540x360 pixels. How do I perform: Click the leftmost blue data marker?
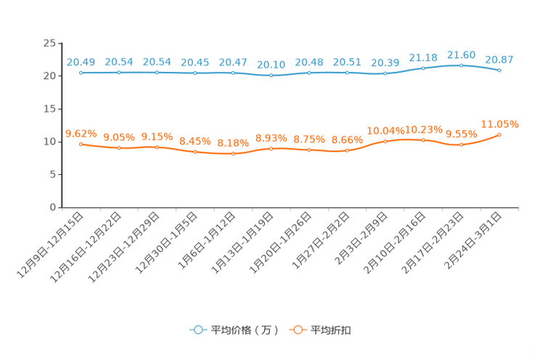pyautogui.click(x=81, y=73)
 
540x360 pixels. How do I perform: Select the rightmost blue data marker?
pyautogui.click(x=499, y=70)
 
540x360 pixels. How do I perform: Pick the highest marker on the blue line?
pyautogui.click(x=461, y=65)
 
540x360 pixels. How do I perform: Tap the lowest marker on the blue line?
pyautogui.click(x=271, y=75)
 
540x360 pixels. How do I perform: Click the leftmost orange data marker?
pyautogui.click(x=81, y=144)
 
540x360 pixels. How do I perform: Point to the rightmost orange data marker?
pyautogui.click(x=499, y=134)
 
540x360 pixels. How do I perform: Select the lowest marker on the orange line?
pyautogui.click(x=233, y=154)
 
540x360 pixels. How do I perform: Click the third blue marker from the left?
pyautogui.click(x=157, y=73)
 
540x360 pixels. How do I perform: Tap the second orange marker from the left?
pyautogui.click(x=118, y=148)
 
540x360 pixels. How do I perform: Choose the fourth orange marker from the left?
pyautogui.click(x=195, y=152)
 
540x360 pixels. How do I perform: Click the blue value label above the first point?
pyautogui.click(x=81, y=62)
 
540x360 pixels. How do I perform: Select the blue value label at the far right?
pyautogui.click(x=499, y=59)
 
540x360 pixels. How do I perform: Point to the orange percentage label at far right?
pyautogui.click(x=499, y=123)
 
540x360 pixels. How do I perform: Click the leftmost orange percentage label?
pyautogui.click(x=81, y=133)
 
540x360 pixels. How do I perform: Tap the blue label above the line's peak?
pyautogui.click(x=461, y=54)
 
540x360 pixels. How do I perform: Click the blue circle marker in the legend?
pyautogui.click(x=197, y=330)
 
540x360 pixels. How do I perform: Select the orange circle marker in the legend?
pyautogui.click(x=297, y=330)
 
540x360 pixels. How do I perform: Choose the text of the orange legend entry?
pyautogui.click(x=332, y=330)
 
